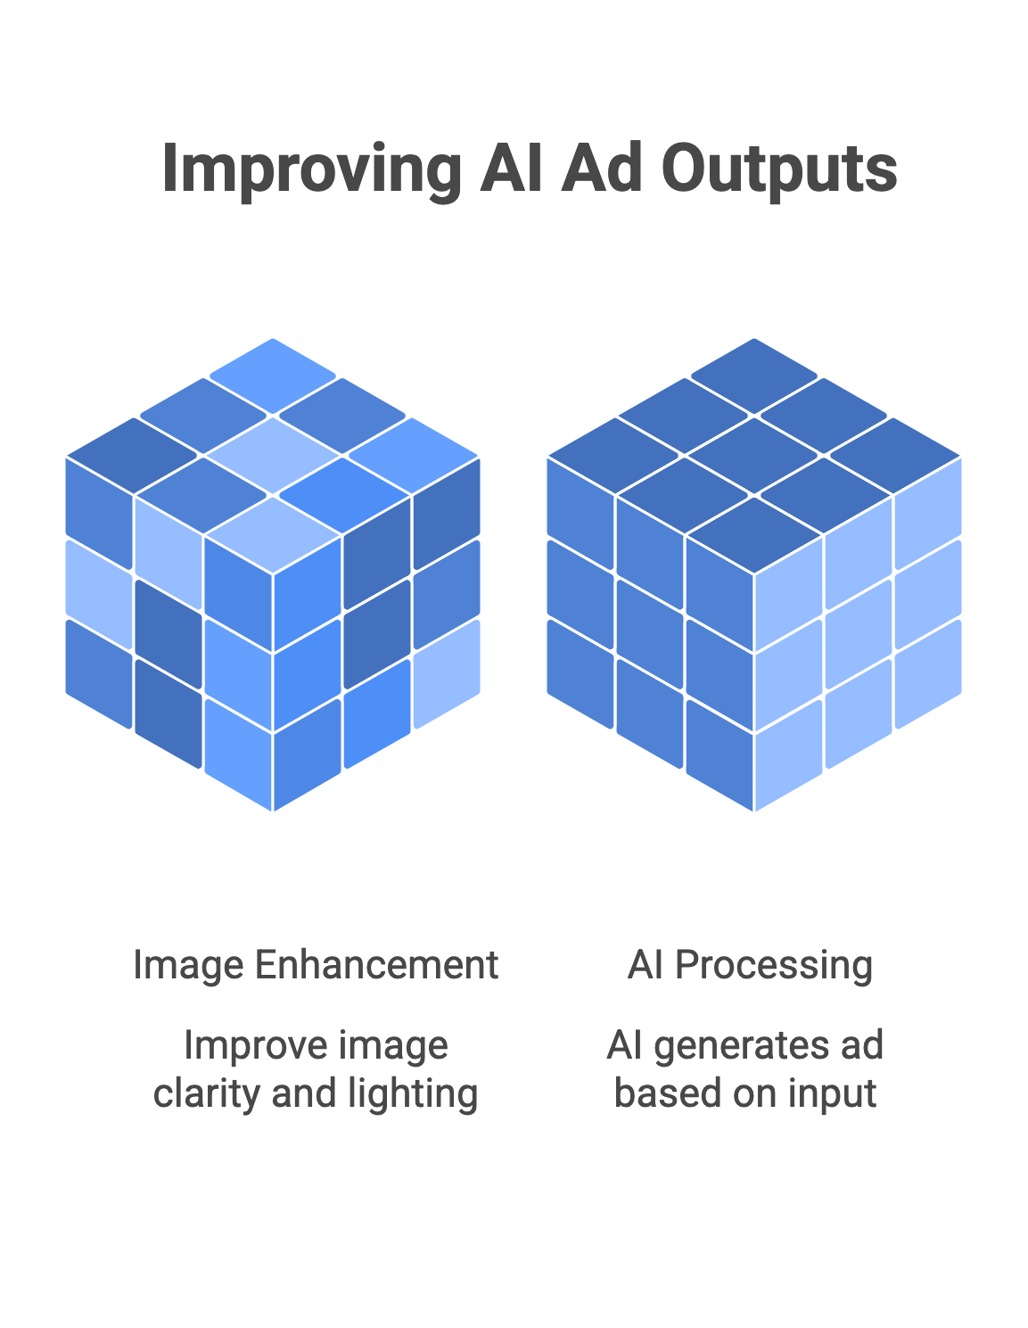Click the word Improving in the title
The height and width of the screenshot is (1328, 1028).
[x=311, y=170]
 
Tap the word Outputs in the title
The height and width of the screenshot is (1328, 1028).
[x=779, y=169]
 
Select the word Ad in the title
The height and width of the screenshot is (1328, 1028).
[x=601, y=168]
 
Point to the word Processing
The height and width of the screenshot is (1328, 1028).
[x=774, y=967]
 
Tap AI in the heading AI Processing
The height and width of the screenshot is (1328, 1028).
[x=645, y=966]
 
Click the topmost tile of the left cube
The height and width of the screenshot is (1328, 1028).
[x=273, y=375]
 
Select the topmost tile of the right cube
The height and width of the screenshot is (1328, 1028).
[x=753, y=375]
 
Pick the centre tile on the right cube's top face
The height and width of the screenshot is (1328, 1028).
[x=753, y=455]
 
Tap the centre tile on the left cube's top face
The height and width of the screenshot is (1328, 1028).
[x=273, y=455]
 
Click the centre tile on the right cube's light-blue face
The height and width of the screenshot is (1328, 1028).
[x=859, y=634]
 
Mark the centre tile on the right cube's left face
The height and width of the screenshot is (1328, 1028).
[x=649, y=634]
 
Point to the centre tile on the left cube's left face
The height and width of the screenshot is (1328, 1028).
[x=168, y=634]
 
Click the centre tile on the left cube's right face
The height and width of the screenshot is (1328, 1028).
[x=377, y=634]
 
